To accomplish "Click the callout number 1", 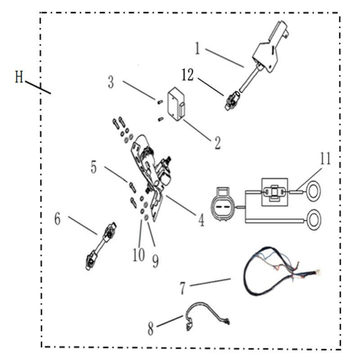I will pyautogui.click(x=197, y=48).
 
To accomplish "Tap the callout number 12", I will pyautogui.click(x=188, y=75).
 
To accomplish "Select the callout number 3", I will pyautogui.click(x=111, y=82).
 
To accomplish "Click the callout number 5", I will pyautogui.click(x=94, y=167).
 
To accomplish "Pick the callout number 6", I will pyautogui.click(x=57, y=219).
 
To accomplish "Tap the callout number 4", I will pyautogui.click(x=201, y=220).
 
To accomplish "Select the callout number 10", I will pyautogui.click(x=139, y=255).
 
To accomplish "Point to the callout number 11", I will pyautogui.click(x=325, y=159).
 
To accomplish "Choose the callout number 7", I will pyautogui.click(x=182, y=288).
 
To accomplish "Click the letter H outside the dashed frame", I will pyautogui.click(x=19, y=77).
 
